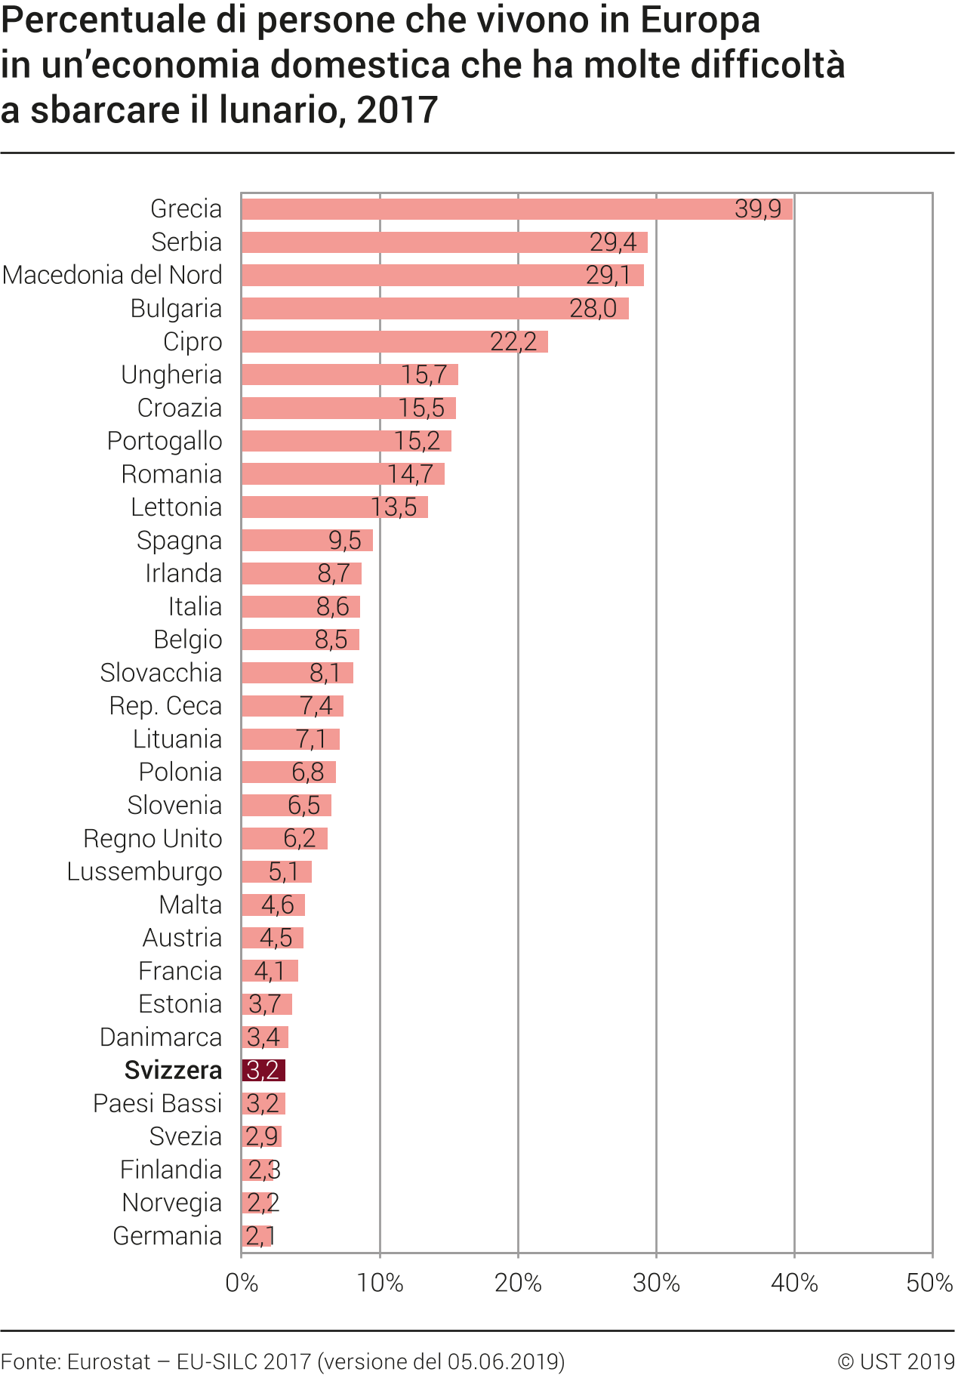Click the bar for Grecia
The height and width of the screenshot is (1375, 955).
tap(516, 209)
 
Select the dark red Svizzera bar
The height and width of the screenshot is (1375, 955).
tap(263, 1070)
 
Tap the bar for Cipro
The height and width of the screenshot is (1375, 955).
tap(394, 341)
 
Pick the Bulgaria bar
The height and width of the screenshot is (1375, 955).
tap(434, 309)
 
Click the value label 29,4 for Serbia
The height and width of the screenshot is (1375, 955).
tap(613, 242)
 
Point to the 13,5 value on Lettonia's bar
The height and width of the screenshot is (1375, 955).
tap(394, 507)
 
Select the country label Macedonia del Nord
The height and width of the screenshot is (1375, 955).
tap(112, 275)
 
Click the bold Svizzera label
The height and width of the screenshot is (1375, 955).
tap(173, 1070)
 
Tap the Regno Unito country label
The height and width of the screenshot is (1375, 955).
tap(152, 838)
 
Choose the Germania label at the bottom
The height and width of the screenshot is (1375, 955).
tap(168, 1236)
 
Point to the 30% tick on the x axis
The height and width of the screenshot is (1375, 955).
tap(656, 1283)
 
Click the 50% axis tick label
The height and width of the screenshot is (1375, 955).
tap(929, 1283)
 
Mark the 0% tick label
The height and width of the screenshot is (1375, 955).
tap(242, 1283)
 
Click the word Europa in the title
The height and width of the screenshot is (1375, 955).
tap(700, 20)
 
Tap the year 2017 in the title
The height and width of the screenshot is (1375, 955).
tap(397, 110)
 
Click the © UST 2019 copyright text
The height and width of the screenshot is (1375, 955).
tap(895, 1361)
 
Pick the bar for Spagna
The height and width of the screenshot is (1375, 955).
tap(307, 541)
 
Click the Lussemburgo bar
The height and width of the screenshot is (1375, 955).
tap(276, 871)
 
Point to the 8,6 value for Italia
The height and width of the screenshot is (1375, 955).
tap(333, 607)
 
